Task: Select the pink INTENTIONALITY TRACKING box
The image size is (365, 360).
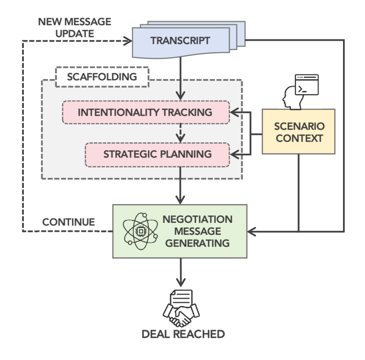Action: (x=145, y=112)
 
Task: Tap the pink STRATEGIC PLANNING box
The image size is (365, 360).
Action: (x=157, y=154)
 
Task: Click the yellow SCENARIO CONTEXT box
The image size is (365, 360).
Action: (x=299, y=132)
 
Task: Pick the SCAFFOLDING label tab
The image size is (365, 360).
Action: (x=102, y=77)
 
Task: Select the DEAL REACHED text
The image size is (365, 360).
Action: (x=182, y=334)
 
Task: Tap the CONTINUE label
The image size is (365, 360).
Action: (x=69, y=222)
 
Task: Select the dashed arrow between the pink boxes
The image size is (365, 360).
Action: (x=180, y=133)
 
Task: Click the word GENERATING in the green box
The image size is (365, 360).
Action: (x=197, y=243)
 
